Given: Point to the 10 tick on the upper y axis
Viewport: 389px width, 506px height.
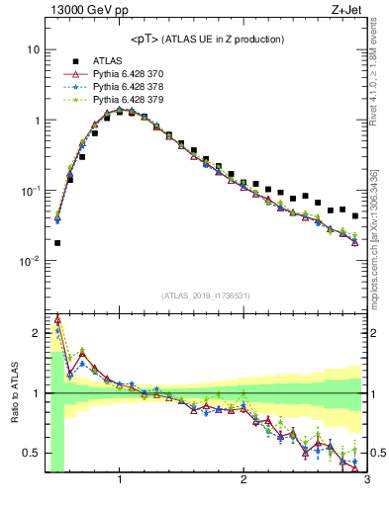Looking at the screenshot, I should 33,49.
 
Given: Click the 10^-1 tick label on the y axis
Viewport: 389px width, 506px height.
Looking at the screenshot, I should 30,191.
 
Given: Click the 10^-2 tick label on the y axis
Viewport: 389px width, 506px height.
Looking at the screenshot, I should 30,262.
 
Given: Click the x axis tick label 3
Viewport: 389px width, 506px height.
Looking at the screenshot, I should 366,481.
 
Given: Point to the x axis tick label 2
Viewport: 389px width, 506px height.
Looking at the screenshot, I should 243,481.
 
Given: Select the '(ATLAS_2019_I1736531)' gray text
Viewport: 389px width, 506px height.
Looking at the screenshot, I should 206,295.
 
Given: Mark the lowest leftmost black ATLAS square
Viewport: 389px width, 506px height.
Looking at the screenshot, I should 57,242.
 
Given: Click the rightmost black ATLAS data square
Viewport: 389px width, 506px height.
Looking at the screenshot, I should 355,215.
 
